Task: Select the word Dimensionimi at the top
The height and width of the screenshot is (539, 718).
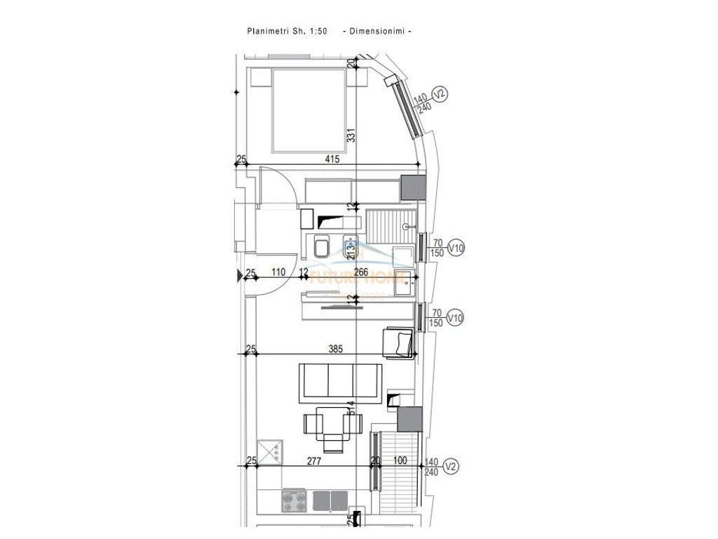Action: point(376,31)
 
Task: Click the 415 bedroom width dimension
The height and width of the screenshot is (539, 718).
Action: point(332,159)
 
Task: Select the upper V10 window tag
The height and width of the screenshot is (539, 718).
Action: point(456,248)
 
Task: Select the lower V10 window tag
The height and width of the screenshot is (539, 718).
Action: point(456,318)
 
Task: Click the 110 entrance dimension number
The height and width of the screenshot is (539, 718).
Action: point(277,273)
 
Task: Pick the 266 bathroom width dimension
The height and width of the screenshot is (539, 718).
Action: point(361,273)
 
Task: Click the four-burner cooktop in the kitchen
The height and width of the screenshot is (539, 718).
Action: point(294,501)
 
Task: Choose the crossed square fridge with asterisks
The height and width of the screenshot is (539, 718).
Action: point(270,450)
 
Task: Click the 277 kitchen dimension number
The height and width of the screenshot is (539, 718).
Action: point(313,460)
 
